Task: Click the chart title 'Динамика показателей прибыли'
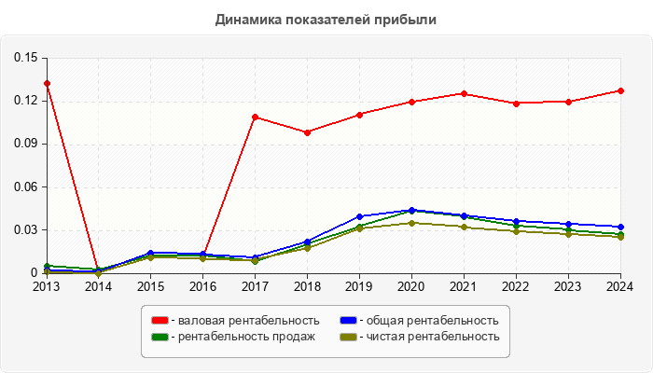(326, 19)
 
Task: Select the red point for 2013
(47, 84)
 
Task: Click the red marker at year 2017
(255, 117)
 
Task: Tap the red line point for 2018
(307, 132)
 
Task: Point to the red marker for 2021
(464, 93)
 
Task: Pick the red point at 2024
(620, 90)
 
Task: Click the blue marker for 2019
(359, 216)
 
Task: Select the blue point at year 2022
(516, 221)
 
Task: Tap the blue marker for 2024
(620, 227)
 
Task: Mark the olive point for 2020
(411, 223)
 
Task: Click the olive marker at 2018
(307, 248)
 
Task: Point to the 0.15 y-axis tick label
(25, 58)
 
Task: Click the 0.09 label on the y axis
(25, 144)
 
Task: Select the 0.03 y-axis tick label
(25, 230)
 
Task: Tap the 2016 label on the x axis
(202, 287)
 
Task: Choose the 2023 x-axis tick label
(568, 287)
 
